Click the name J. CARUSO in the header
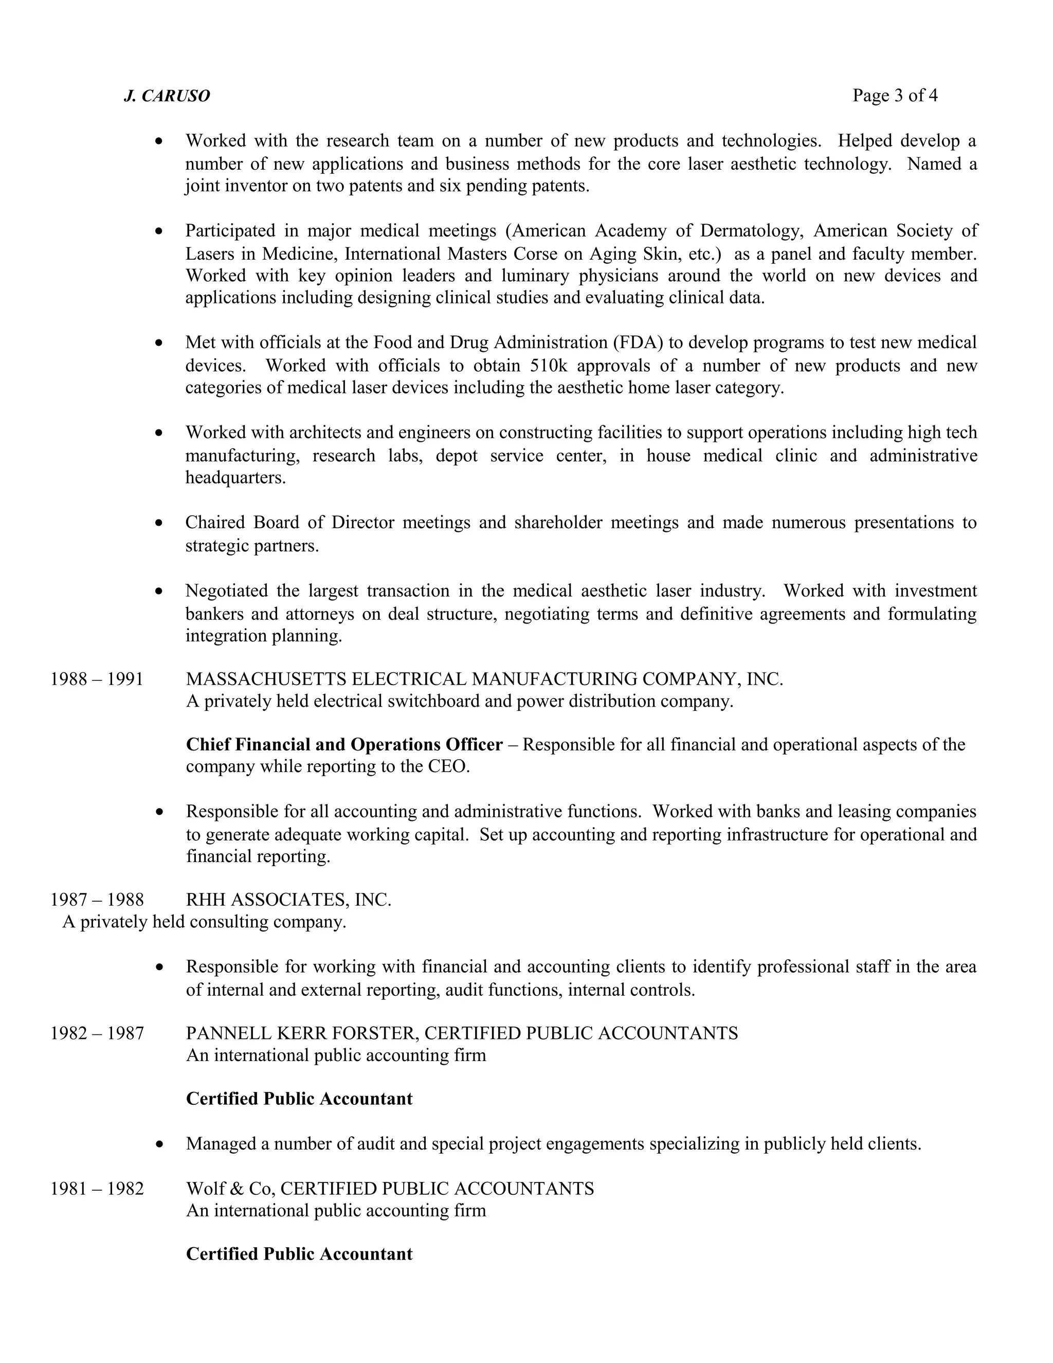167,96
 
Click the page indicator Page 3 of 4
895,96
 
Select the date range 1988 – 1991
97,679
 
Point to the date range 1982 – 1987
97,1033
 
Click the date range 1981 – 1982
97,1188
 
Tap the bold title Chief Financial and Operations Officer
344,745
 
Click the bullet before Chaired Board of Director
160,523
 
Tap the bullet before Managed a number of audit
160,1144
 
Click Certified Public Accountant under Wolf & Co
299,1254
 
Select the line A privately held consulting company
204,922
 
